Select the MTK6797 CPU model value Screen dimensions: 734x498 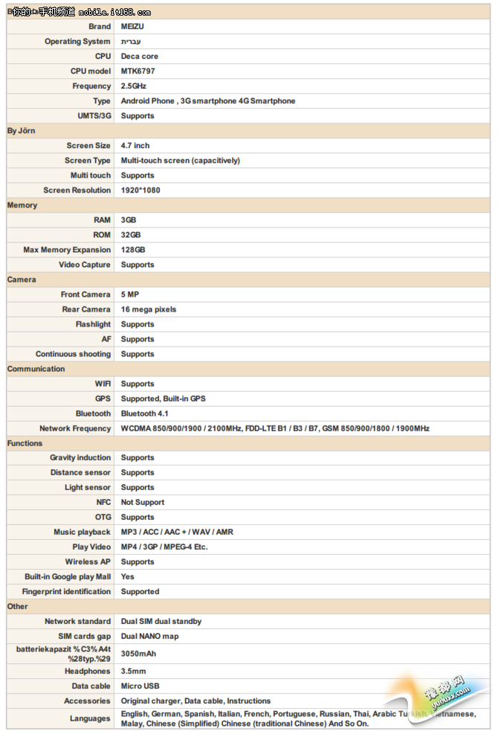tap(138, 71)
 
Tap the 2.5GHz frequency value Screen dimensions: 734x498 tap(134, 86)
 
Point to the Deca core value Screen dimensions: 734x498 tap(140, 57)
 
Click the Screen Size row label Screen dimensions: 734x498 tap(88, 146)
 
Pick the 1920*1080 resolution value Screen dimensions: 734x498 tap(140, 190)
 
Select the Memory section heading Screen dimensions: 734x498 tap(22, 205)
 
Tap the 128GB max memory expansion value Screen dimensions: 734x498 tap(133, 250)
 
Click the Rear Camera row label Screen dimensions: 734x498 tap(86, 309)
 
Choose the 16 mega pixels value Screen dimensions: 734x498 tap(149, 309)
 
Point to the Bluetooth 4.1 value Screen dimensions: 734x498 tap(145, 413)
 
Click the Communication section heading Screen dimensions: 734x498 tap(36, 369)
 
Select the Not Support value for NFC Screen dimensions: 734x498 tap(143, 503)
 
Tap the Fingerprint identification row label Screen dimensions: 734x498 tap(66, 592)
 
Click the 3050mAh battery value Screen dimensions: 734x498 tap(139, 654)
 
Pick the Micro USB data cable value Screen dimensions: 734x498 tap(141, 686)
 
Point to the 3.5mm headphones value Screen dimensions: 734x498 tap(133, 672)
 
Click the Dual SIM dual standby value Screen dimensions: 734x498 tap(161, 622)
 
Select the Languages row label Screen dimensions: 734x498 tap(90, 718)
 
